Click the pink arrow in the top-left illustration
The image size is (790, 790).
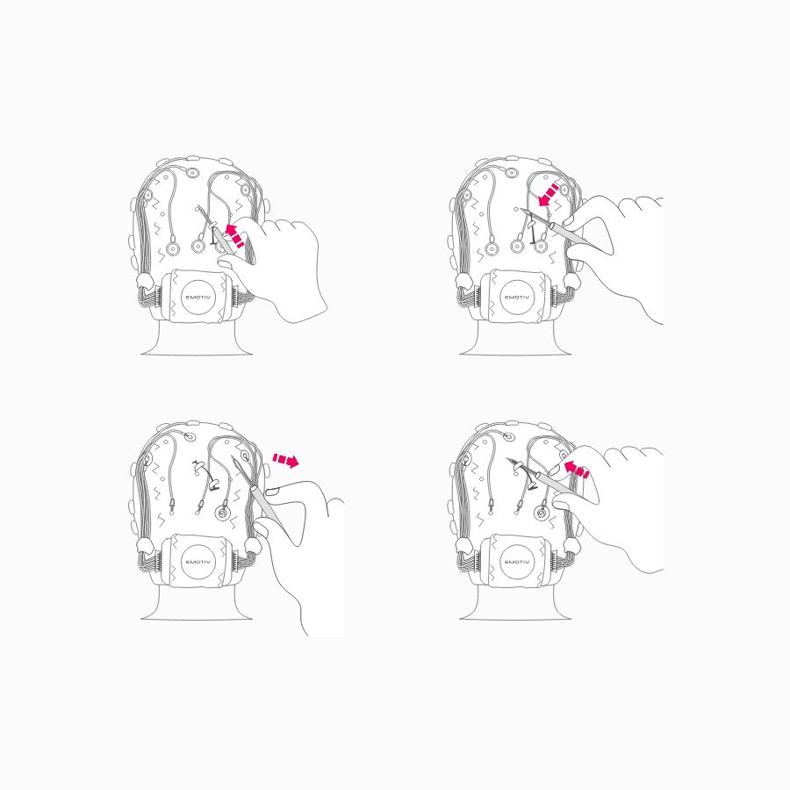[x=234, y=236]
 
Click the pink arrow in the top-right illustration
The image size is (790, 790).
[x=549, y=195]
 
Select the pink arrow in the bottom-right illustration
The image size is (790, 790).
[x=575, y=469]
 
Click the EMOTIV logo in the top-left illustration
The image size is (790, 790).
[x=198, y=298]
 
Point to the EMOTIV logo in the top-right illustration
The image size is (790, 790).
[x=517, y=298]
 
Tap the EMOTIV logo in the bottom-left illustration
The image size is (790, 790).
[x=198, y=562]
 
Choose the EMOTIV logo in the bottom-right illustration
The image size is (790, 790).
[x=517, y=562]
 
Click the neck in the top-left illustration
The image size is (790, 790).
[x=197, y=338]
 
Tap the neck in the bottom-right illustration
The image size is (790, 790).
[x=515, y=602]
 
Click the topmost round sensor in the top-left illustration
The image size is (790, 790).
[x=193, y=173]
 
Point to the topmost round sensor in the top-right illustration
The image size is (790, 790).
[x=512, y=173]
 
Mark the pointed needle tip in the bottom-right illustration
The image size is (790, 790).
[x=507, y=459]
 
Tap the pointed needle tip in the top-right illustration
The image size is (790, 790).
[x=521, y=210]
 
